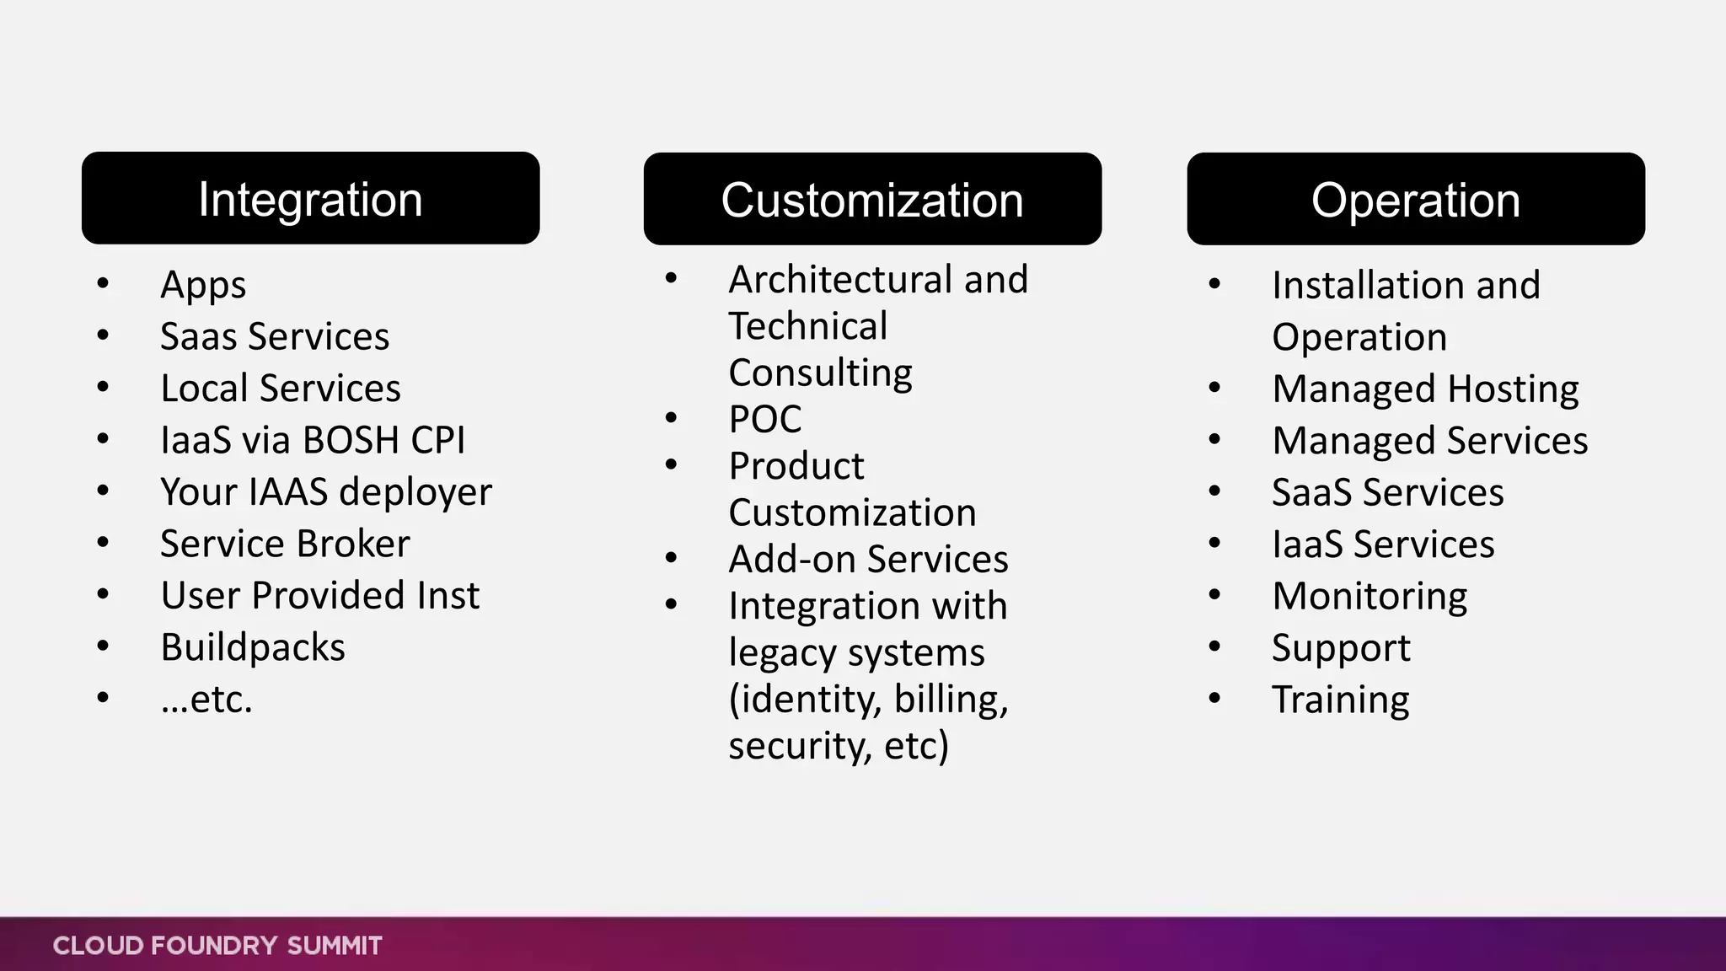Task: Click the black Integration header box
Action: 310,199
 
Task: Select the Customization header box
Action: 872,200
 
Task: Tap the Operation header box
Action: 1416,200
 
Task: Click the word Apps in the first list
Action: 203,285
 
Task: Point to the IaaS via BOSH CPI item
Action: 313,440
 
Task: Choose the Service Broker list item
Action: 285,544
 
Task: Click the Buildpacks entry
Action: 253,647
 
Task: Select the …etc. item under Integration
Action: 206,700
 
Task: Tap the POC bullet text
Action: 765,419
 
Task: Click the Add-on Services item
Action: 868,559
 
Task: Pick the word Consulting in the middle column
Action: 820,373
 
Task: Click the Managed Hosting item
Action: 1425,389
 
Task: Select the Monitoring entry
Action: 1370,596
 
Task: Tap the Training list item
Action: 1340,700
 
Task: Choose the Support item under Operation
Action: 1340,648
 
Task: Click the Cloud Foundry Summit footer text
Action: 217,946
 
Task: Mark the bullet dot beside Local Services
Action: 103,388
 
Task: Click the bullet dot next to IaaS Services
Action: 1214,544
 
